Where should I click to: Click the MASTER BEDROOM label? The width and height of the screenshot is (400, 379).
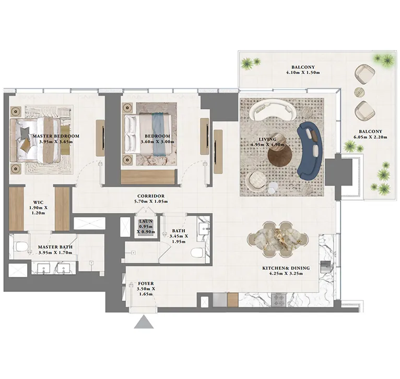56,136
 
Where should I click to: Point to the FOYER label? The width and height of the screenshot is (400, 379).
146,284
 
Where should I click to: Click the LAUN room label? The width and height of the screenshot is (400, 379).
145,221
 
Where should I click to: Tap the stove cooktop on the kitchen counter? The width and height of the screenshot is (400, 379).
277,300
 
